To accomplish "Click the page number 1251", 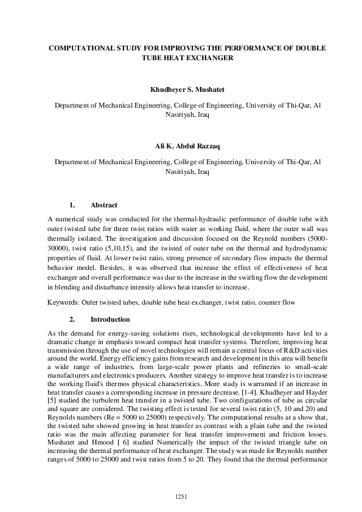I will (181, 497).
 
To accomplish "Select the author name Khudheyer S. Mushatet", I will (181, 89).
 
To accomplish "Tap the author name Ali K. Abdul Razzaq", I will (181, 147).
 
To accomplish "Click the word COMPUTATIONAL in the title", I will (81, 47).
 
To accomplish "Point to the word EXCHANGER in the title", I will (206, 58).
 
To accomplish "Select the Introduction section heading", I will (110, 319).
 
